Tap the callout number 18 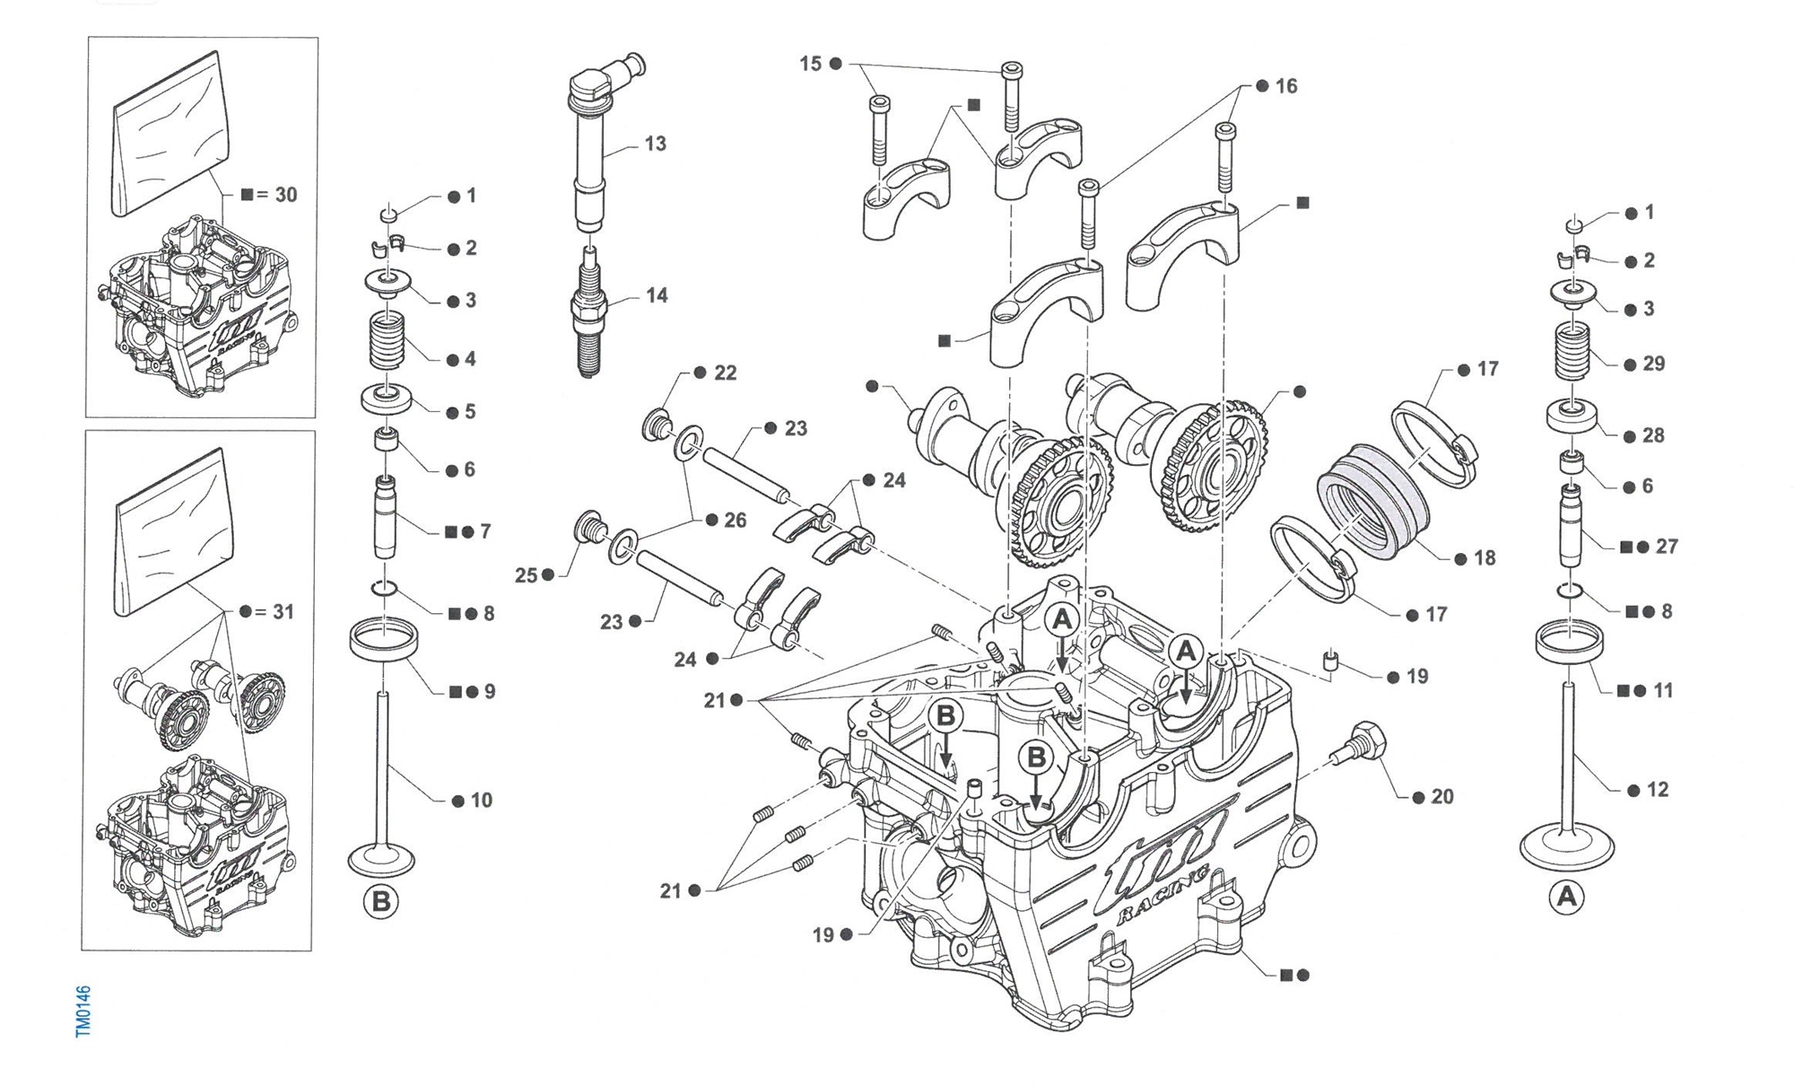[x=1485, y=558]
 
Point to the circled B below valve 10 [x=380, y=900]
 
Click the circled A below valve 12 [x=1567, y=896]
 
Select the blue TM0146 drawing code [x=83, y=1012]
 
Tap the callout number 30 [x=285, y=195]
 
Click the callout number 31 [x=283, y=612]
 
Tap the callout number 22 [x=725, y=373]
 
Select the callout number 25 [x=526, y=575]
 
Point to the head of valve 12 [x=1567, y=848]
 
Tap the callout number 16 [x=1286, y=86]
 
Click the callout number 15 [x=811, y=64]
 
